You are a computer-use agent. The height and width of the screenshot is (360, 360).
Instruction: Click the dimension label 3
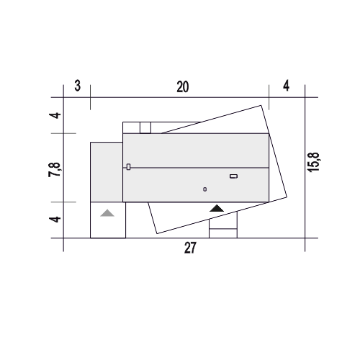coord(77,86)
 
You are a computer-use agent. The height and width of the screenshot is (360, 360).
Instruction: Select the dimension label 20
coord(183,87)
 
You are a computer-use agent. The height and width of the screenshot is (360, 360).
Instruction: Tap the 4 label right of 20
coord(286,86)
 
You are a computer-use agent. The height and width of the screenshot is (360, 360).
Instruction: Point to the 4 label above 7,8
coord(55,115)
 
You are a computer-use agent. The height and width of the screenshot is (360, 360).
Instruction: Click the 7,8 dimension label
coord(55,169)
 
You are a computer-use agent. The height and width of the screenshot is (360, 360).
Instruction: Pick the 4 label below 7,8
coord(55,220)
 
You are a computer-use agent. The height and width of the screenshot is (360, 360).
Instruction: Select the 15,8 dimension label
coord(313,162)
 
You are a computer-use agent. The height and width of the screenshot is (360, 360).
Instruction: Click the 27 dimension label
coord(190,248)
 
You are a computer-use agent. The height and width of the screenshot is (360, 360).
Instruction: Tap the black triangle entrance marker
coord(217,208)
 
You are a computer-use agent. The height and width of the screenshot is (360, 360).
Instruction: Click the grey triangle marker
coord(107,213)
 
